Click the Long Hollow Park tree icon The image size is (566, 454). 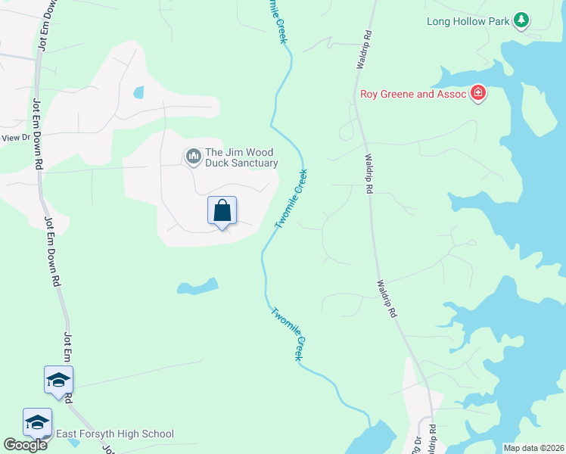pyautogui.click(x=521, y=20)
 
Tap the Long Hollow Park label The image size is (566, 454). pyautogui.click(x=468, y=21)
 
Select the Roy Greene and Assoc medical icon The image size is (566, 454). pyautogui.click(x=477, y=94)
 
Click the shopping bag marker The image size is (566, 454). pyautogui.click(x=222, y=211)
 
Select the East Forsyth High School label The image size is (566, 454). pyautogui.click(x=114, y=434)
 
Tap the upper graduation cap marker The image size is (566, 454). pyautogui.click(x=58, y=380)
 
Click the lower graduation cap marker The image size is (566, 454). pyautogui.click(x=36, y=422)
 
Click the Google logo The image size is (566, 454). pyautogui.click(x=25, y=445)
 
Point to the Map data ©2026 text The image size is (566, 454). pyautogui.click(x=533, y=448)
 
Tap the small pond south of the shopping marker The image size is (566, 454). pyautogui.click(x=197, y=287)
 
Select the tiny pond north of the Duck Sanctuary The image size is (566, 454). pyautogui.click(x=138, y=93)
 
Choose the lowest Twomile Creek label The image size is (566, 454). pyautogui.click(x=288, y=334)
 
